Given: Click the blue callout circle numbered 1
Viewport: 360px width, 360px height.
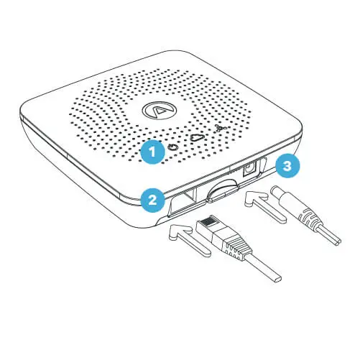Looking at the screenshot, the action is point(152,152).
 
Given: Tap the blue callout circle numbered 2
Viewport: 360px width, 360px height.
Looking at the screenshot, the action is point(152,199).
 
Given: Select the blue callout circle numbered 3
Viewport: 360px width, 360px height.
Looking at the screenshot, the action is point(287,166).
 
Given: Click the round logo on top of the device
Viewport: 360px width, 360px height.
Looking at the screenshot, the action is point(159,110).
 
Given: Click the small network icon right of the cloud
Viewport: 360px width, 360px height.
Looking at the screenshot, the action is point(218,129).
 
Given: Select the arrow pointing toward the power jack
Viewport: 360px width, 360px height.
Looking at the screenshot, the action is point(265,205).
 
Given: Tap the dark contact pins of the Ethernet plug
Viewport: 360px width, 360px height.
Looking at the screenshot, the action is point(208,223).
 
